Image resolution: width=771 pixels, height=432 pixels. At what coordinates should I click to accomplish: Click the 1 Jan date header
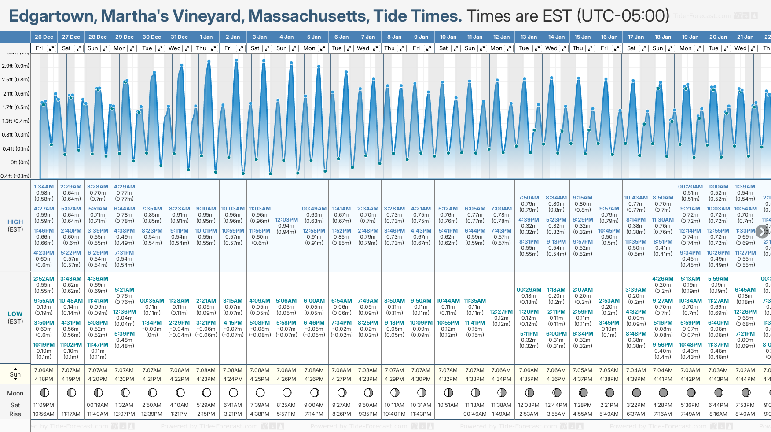pyautogui.click(x=206, y=37)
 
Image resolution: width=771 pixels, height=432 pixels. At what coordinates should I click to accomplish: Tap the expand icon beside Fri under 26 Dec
pyautogui.click(x=51, y=48)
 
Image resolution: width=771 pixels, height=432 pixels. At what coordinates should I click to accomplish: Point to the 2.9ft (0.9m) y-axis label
pyautogui.click(x=16, y=66)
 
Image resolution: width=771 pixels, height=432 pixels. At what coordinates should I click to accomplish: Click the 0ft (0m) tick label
pyautogui.click(x=20, y=162)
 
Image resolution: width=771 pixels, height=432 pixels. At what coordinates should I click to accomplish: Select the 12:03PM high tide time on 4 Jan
pyautogui.click(x=286, y=220)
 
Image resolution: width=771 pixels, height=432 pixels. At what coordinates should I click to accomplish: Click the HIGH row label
pyautogui.click(x=15, y=222)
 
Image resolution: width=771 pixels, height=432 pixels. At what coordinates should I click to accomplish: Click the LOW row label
pyautogui.click(x=15, y=314)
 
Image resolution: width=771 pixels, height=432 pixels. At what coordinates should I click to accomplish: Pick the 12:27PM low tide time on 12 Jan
pyautogui.click(x=502, y=312)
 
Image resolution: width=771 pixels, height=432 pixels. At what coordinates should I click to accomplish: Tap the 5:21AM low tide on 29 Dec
pyautogui.click(x=125, y=290)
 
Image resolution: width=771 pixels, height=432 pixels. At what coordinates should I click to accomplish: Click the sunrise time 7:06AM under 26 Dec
pyautogui.click(x=44, y=370)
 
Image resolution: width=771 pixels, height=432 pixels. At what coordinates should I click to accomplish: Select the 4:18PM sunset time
pyautogui.click(x=44, y=379)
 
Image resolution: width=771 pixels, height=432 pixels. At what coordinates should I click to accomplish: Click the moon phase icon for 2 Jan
pyautogui.click(x=233, y=392)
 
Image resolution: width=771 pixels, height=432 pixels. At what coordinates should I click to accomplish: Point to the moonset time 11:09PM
pyautogui.click(x=44, y=405)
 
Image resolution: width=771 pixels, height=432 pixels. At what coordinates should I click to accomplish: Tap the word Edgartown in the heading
pyautogui.click(x=51, y=16)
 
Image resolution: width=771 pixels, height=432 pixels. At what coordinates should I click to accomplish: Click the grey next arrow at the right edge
pyautogui.click(x=762, y=231)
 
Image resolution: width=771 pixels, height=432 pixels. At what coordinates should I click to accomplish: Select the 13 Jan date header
pyautogui.click(x=529, y=37)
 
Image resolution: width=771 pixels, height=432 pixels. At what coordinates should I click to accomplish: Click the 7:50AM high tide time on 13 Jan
pyautogui.click(x=529, y=198)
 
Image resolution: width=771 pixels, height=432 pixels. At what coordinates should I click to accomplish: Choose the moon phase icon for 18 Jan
pyautogui.click(x=663, y=392)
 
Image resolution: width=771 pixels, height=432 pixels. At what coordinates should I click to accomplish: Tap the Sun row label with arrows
pyautogui.click(x=15, y=374)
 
